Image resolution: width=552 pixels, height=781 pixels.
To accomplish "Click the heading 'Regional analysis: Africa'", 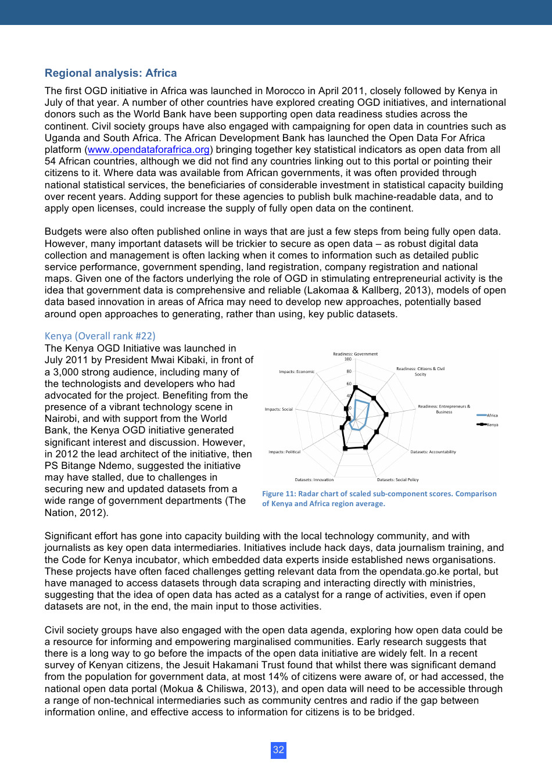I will (x=110, y=73).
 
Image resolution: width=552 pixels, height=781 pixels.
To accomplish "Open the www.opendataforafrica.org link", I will (x=148, y=150).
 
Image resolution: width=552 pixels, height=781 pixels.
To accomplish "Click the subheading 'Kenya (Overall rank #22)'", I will (x=100, y=336).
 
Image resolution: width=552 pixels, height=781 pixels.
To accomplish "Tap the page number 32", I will (x=278, y=750).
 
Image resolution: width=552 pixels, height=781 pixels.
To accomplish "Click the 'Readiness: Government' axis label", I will (x=355, y=354).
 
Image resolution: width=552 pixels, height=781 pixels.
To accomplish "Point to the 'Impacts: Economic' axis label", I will (x=296, y=371).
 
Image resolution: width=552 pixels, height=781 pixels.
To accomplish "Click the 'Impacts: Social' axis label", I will (x=279, y=409).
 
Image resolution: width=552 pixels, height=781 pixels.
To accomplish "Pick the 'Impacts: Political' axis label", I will (x=284, y=452).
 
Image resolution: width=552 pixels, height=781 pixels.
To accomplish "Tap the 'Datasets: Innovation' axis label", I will (x=314, y=480).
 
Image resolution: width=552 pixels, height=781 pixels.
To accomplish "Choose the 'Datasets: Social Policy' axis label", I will (x=397, y=480).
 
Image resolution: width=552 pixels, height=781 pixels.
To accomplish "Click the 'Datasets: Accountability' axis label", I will (x=433, y=452).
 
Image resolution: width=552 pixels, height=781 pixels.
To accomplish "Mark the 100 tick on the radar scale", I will (x=348, y=359).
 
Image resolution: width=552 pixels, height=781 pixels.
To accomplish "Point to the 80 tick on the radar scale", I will (x=349, y=371).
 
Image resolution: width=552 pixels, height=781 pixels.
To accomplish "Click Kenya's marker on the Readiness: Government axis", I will (x=355, y=388).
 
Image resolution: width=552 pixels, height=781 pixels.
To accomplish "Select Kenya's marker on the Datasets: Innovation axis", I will (x=345, y=448).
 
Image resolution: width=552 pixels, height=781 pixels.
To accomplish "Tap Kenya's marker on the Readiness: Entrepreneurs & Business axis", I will (x=386, y=414).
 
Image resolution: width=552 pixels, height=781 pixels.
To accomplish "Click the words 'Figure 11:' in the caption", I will (x=279, y=494).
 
